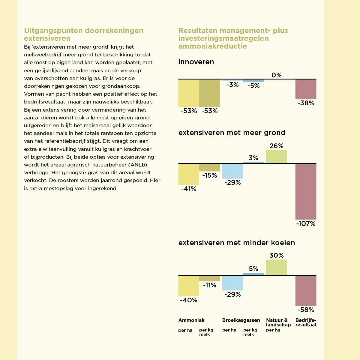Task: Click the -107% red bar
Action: coord(306,191)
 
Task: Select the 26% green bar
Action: coord(276,157)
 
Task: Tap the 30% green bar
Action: coord(276,267)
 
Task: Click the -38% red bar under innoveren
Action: coord(306,89)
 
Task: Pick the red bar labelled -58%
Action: coord(306,290)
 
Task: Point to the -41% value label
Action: coord(189,189)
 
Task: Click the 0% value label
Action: coord(276,75)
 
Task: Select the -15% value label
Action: coord(209,175)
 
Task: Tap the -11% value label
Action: coord(209,285)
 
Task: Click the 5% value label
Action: coord(253,268)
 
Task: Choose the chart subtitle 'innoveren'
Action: coord(196,62)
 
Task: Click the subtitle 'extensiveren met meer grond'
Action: coord(232,133)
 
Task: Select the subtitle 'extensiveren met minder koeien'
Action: coord(237,243)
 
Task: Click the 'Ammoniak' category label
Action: coord(191,320)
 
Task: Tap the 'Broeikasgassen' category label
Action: coord(241,320)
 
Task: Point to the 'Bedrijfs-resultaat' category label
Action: coord(306,322)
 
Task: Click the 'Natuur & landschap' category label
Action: coord(278,322)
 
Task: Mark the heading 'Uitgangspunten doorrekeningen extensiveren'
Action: coord(84,34)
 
